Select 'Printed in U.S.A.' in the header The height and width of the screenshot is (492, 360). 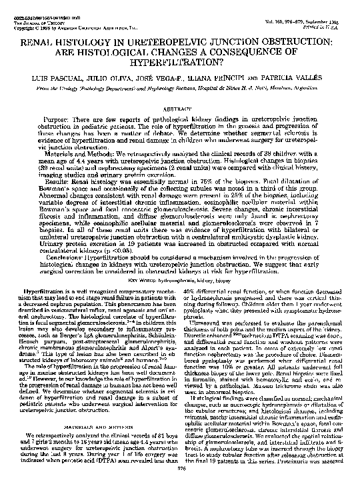[x=327, y=25]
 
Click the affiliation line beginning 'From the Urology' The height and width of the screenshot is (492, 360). [x=181, y=88]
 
